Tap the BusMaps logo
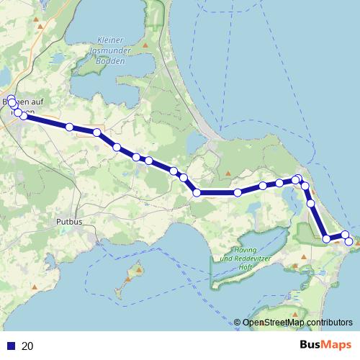coord(326,345)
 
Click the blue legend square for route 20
coord(11,346)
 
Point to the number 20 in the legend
coord(28,346)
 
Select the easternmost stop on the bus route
coord(349,241)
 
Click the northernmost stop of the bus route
coord(11,99)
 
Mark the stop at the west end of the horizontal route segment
coord(196,192)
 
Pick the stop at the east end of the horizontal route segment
coord(238,192)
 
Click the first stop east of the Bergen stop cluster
coord(70,127)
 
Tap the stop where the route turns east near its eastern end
coord(327,238)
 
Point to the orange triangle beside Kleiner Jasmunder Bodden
coord(146,46)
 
